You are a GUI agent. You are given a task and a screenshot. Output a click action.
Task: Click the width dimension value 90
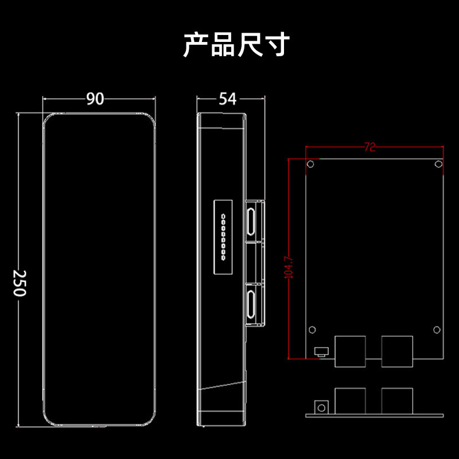[95, 99]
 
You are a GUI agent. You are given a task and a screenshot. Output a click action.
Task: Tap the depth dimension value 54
[227, 99]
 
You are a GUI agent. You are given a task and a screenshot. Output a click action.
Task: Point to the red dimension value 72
[369, 147]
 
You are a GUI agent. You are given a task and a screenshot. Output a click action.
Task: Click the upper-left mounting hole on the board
[310, 165]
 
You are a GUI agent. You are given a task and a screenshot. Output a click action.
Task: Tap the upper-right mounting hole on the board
[438, 165]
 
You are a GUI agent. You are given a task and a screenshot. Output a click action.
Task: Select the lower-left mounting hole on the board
[312, 330]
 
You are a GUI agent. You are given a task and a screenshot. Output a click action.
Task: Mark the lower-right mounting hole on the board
[436, 330]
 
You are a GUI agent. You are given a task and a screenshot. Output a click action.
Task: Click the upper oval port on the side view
[251, 223]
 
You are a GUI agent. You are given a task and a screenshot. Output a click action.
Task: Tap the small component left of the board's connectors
[320, 351]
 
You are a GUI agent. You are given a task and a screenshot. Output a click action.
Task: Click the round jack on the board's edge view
[322, 407]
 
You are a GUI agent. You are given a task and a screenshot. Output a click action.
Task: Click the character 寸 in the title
[277, 45]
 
